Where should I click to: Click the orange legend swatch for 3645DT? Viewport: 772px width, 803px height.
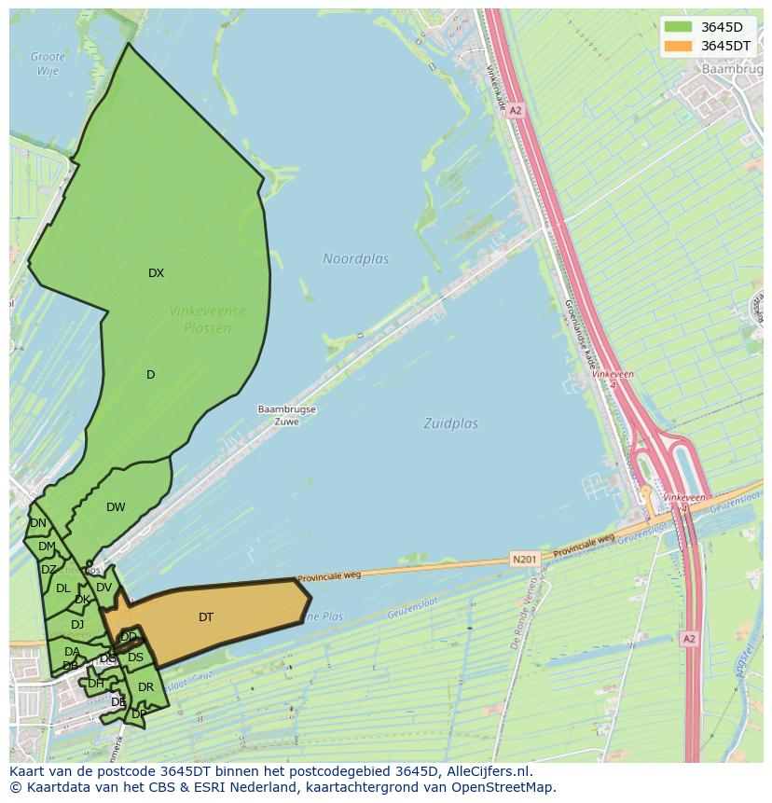click(x=679, y=46)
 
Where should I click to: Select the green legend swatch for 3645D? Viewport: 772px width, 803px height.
click(x=679, y=27)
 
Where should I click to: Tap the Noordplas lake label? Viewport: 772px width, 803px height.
click(x=356, y=258)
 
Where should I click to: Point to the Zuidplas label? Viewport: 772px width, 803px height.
click(x=450, y=423)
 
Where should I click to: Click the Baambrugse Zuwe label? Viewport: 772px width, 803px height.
click(x=287, y=415)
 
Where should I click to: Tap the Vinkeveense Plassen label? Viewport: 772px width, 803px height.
click(x=208, y=319)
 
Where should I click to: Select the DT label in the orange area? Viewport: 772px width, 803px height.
click(x=206, y=616)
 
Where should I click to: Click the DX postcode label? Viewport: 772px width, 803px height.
click(x=156, y=273)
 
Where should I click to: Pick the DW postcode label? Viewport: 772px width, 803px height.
click(x=116, y=507)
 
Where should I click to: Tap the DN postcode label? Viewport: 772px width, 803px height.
click(x=37, y=523)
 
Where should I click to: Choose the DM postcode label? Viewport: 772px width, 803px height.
click(x=47, y=547)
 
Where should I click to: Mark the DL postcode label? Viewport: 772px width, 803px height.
click(x=62, y=588)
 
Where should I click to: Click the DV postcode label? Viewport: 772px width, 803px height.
click(x=103, y=588)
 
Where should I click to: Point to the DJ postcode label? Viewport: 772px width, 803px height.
click(x=77, y=624)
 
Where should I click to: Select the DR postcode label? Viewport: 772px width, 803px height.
click(x=145, y=687)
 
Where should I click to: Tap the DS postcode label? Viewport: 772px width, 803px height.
click(x=135, y=658)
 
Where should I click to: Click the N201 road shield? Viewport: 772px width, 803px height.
click(x=524, y=560)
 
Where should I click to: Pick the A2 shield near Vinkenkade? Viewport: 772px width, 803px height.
click(x=516, y=110)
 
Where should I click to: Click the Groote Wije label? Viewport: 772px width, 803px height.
click(x=48, y=63)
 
